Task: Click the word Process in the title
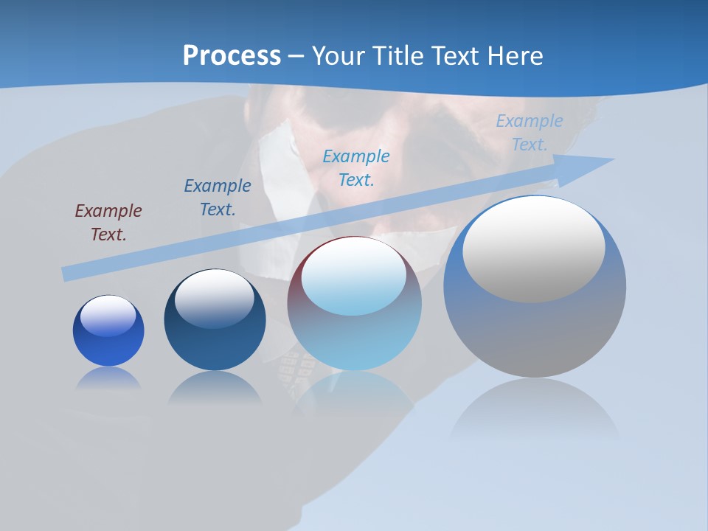tap(232, 56)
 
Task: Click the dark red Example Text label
tap(108, 223)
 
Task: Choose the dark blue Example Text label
tap(218, 198)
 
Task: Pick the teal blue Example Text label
tap(356, 167)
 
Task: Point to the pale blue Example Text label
tap(530, 133)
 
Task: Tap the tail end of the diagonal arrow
tap(68, 274)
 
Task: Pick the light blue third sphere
tap(355, 332)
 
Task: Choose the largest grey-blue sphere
tap(535, 332)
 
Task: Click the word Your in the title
tap(340, 56)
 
